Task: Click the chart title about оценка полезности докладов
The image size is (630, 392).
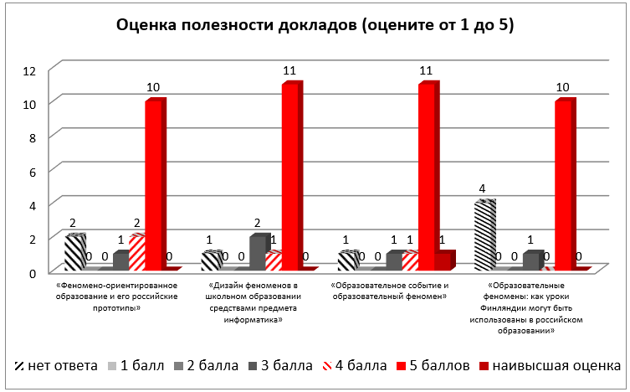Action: (315, 26)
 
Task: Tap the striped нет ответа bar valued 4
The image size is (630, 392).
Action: (484, 236)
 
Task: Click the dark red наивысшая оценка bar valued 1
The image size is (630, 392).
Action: (443, 261)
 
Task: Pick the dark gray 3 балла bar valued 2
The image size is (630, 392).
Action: (257, 253)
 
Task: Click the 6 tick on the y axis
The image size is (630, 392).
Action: (32, 170)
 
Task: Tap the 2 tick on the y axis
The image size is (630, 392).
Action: (32, 238)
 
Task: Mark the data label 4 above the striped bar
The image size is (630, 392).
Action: (483, 190)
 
